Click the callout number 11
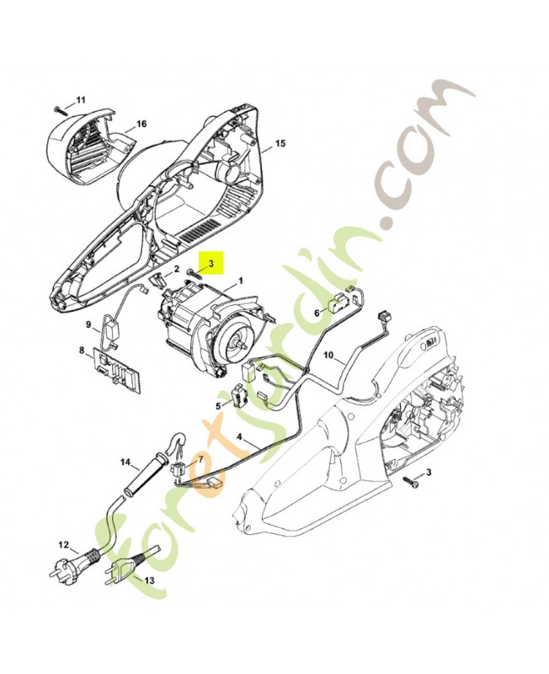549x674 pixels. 81,100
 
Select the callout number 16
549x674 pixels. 141,124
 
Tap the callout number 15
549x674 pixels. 280,143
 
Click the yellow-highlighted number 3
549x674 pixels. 212,264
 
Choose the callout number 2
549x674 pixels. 177,270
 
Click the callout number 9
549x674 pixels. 87,324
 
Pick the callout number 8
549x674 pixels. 82,350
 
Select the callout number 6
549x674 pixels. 317,312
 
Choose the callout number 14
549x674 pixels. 125,462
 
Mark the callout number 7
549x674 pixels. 200,459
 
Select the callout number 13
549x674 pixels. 150,580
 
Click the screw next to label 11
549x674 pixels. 58,110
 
